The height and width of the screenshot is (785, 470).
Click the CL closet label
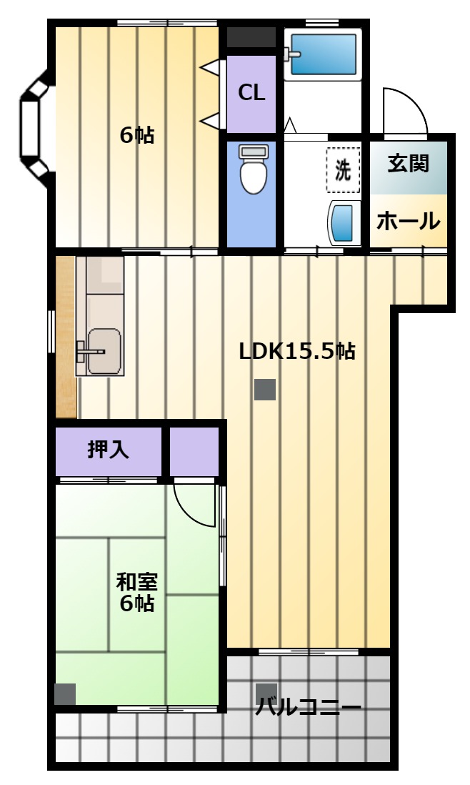(251, 93)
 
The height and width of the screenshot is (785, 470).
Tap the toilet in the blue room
(254, 169)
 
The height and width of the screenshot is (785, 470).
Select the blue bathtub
(323, 54)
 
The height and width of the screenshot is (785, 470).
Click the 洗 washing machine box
(343, 170)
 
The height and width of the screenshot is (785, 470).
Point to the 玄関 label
(409, 164)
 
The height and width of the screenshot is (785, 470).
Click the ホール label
(409, 221)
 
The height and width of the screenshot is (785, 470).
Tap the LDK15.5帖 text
(297, 352)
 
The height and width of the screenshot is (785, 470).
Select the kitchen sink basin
(104, 352)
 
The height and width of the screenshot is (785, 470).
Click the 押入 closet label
(108, 449)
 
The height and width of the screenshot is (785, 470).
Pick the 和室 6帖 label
(136, 593)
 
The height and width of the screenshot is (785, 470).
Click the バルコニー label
(309, 707)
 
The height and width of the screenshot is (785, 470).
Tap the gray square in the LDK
(265, 390)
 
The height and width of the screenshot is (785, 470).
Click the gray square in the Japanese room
(65, 694)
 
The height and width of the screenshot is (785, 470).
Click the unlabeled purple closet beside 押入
(194, 452)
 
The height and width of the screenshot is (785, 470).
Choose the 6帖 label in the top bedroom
(137, 135)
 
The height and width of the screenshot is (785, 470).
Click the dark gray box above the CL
(251, 38)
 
